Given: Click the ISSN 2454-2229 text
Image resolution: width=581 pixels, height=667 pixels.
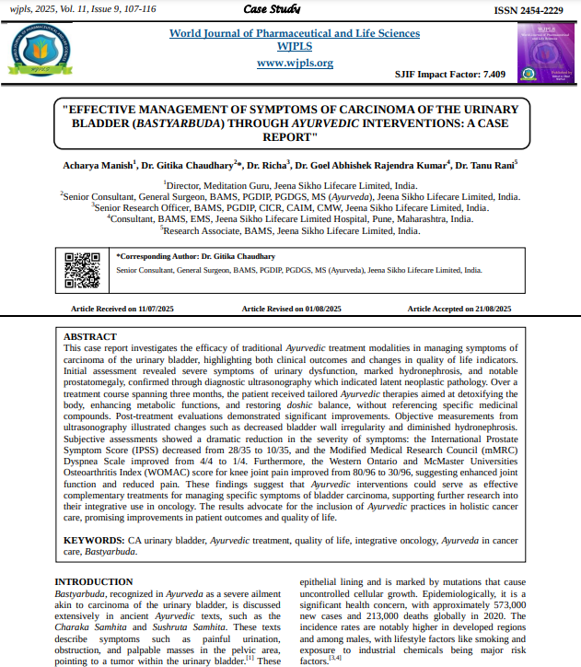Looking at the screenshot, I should point(528,10).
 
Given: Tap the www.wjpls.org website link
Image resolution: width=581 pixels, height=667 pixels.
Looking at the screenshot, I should point(295,63).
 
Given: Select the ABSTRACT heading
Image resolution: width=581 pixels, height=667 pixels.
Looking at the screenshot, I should point(90,336).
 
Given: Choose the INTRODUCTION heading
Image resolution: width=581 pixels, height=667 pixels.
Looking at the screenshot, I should point(94,581).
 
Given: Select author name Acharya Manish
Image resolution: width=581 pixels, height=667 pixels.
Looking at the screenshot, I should point(99,165).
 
